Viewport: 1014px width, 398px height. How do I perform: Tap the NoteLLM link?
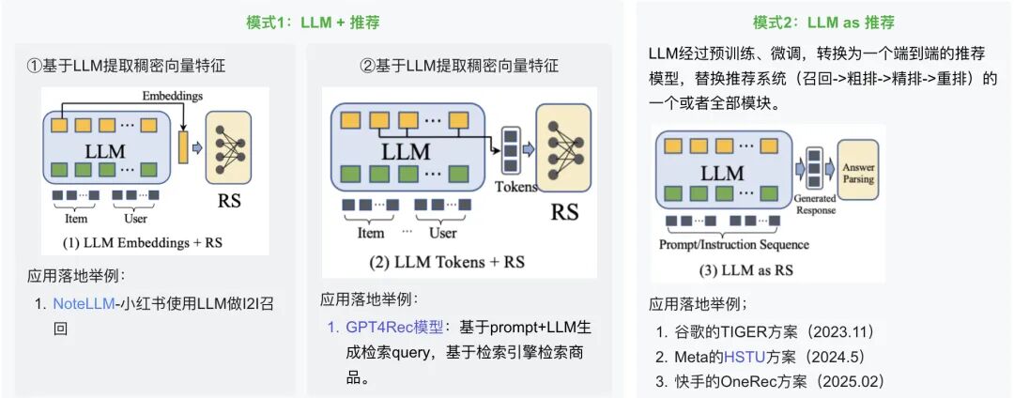pos(84,304)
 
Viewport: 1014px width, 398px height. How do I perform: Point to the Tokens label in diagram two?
pos(515,186)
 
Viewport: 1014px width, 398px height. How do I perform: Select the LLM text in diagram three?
pos(722,173)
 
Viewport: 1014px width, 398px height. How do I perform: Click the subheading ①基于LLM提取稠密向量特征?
pos(126,66)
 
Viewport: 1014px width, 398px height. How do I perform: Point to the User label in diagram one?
pos(136,219)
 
